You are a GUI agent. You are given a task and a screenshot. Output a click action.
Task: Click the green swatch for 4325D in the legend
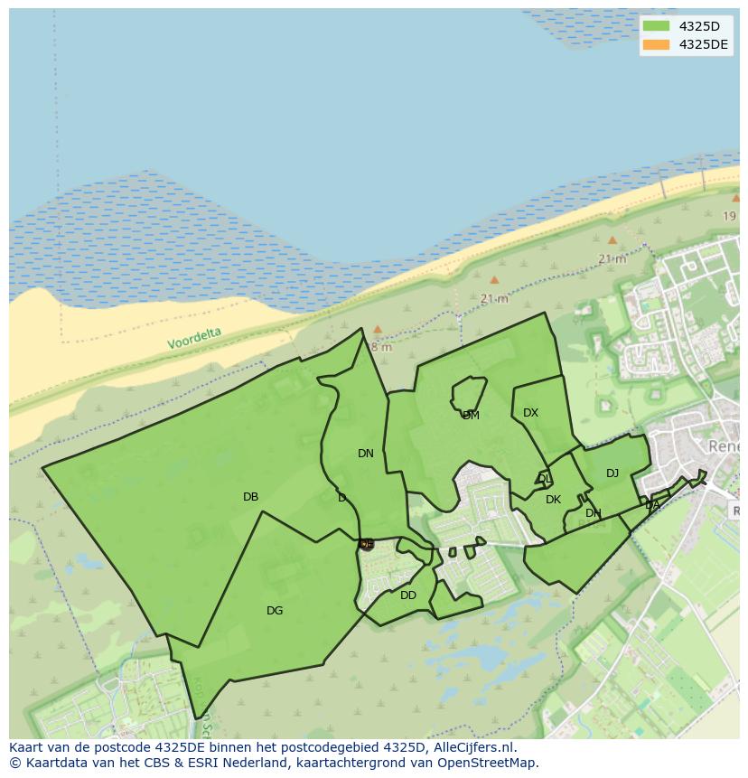pyautogui.click(x=657, y=26)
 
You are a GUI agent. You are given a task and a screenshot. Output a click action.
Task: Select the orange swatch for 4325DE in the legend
pyautogui.click(x=657, y=44)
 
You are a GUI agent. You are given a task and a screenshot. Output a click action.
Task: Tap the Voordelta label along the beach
pyautogui.click(x=193, y=338)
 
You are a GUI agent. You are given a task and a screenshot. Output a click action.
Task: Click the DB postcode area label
pyautogui.click(x=250, y=497)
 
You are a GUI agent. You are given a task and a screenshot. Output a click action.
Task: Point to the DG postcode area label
pyautogui.click(x=275, y=611)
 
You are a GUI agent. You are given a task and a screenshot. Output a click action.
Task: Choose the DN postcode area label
pyautogui.click(x=365, y=454)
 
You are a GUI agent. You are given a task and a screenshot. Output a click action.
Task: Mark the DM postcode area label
pyautogui.click(x=471, y=416)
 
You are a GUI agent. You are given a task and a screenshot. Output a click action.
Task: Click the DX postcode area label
pyautogui.click(x=530, y=413)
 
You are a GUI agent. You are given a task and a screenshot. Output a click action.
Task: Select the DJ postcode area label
pyautogui.click(x=612, y=473)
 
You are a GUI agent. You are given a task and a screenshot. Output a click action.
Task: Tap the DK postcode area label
pyautogui.click(x=553, y=500)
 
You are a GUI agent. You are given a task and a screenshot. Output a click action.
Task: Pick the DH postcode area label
pyautogui.click(x=593, y=513)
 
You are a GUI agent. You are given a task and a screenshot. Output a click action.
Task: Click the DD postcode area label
pyautogui.click(x=408, y=595)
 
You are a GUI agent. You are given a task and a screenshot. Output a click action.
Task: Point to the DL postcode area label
pyautogui.click(x=544, y=479)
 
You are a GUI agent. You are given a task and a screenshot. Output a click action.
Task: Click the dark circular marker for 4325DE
pyautogui.click(x=366, y=544)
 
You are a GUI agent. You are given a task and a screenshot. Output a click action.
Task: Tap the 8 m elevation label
pyautogui.click(x=381, y=347)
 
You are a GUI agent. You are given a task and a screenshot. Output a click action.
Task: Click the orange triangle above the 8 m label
pyautogui.click(x=378, y=329)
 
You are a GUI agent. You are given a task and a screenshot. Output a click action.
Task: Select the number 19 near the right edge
pyautogui.click(x=729, y=216)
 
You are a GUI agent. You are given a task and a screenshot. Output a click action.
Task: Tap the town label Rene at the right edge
pyautogui.click(x=725, y=447)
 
